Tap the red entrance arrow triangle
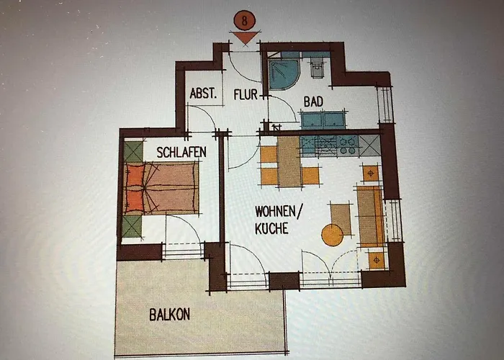click(246, 37)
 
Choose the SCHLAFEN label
click(182, 152)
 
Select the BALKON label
click(170, 315)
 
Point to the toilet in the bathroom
click(316, 69)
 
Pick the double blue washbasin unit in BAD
click(323, 120)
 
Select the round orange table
click(332, 235)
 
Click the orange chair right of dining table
click(310, 175)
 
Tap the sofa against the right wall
click(370, 214)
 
